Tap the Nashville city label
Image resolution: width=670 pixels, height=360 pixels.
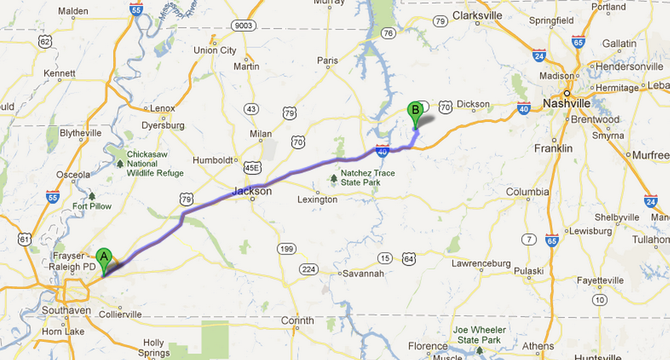click(566, 103)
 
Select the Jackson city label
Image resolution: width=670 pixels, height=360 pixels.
click(252, 192)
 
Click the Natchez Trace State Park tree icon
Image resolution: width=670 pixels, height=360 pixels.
click(333, 179)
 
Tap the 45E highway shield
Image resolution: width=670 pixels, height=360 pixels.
click(253, 167)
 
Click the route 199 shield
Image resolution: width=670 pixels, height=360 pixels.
click(286, 249)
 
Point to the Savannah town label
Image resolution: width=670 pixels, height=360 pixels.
click(363, 273)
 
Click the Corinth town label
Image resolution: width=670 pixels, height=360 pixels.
click(297, 320)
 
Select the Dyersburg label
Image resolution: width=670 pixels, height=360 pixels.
click(163, 125)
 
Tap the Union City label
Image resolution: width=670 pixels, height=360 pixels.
click(215, 50)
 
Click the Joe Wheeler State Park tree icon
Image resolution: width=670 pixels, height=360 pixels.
click(479, 350)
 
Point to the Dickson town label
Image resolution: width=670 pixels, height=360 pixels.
click(473, 104)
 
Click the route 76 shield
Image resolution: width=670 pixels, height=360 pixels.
click(388, 33)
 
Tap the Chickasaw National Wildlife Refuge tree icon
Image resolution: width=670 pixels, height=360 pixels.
click(121, 164)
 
